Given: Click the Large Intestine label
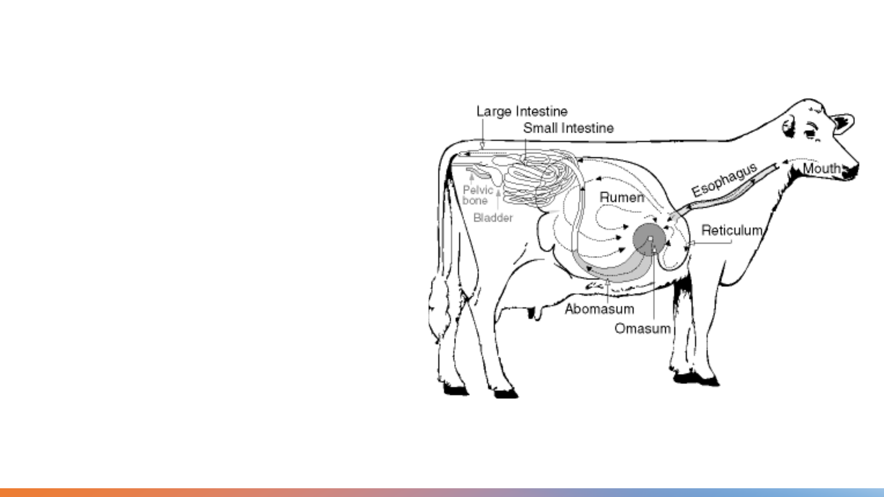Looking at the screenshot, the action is point(522,111).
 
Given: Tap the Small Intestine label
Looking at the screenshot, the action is point(568,128).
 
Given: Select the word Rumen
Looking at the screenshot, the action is point(622,197).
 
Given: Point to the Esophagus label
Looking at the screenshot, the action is point(724,179).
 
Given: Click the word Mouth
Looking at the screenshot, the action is point(822,169).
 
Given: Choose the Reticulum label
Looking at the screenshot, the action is point(732,230).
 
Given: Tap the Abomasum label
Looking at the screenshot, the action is point(599,309).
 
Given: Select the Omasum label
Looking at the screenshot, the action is point(642,329).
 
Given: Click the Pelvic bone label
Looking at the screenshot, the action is point(477,195).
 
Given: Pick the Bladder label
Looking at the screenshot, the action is point(493,218).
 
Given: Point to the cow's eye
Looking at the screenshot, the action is point(809,134).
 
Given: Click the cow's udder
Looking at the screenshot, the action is point(534,311).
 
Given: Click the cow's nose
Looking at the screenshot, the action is point(852,170).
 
